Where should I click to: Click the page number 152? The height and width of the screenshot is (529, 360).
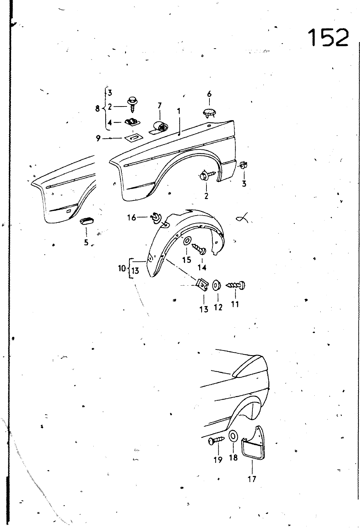point(329,37)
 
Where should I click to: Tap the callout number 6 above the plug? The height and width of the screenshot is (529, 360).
point(209,94)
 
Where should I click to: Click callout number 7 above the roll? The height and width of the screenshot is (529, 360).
point(159,105)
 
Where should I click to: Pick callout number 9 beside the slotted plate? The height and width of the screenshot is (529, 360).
point(98,138)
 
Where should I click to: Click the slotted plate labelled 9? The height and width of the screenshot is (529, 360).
point(133,138)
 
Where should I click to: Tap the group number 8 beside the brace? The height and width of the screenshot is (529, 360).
point(97,109)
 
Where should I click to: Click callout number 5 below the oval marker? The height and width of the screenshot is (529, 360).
point(86,242)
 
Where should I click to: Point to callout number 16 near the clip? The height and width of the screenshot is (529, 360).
point(132,217)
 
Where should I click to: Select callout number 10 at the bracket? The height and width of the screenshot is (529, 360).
point(122,268)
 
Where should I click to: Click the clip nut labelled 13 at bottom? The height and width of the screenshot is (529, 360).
point(202,286)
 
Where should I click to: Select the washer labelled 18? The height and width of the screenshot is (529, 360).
point(233,440)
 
